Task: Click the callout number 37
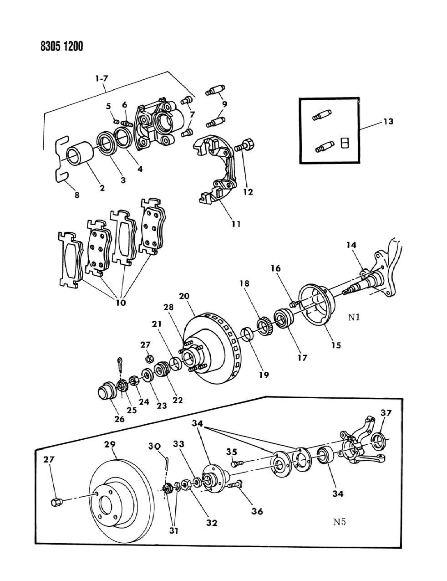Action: pyautogui.click(x=386, y=413)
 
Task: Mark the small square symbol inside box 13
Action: pyautogui.click(x=345, y=143)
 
